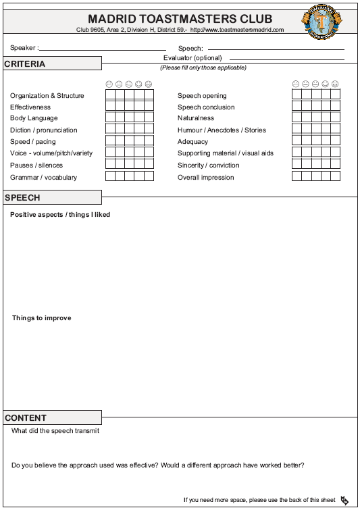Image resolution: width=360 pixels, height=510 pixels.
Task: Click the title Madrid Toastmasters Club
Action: pyautogui.click(x=180, y=19)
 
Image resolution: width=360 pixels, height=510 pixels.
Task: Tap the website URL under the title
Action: pyautogui.click(x=237, y=30)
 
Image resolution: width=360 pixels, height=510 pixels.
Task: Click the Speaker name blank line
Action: pyautogui.click(x=102, y=49)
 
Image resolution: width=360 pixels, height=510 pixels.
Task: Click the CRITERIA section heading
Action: pyautogui.click(x=25, y=64)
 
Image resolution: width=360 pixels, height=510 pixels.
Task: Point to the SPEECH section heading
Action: pyautogui.click(x=23, y=198)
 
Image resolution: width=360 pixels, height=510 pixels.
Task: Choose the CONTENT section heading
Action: pyautogui.click(x=26, y=418)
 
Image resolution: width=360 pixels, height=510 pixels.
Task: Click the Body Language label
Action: pyautogui.click(x=34, y=118)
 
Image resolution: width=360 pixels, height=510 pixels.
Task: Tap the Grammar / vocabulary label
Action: pyautogui.click(x=43, y=177)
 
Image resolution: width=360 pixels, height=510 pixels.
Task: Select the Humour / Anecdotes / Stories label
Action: pyautogui.click(x=222, y=130)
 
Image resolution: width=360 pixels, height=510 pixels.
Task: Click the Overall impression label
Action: pyautogui.click(x=205, y=177)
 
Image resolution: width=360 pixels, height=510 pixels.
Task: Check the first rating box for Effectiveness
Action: pyautogui.click(x=110, y=107)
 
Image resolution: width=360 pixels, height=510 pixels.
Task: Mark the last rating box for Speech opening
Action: pyautogui.click(x=336, y=95)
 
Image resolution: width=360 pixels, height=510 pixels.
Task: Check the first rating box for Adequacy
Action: pyautogui.click(x=297, y=141)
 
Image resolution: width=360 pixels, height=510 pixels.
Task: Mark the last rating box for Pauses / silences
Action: pyautogui.click(x=149, y=165)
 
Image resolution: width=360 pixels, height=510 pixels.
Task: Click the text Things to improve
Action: pyautogui.click(x=41, y=318)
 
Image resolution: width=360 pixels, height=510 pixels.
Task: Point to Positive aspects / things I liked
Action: pyautogui.click(x=60, y=215)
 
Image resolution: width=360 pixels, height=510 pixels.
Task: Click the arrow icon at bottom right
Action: pyautogui.click(x=344, y=500)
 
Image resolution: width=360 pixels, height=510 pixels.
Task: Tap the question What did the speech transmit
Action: pyautogui.click(x=55, y=431)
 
